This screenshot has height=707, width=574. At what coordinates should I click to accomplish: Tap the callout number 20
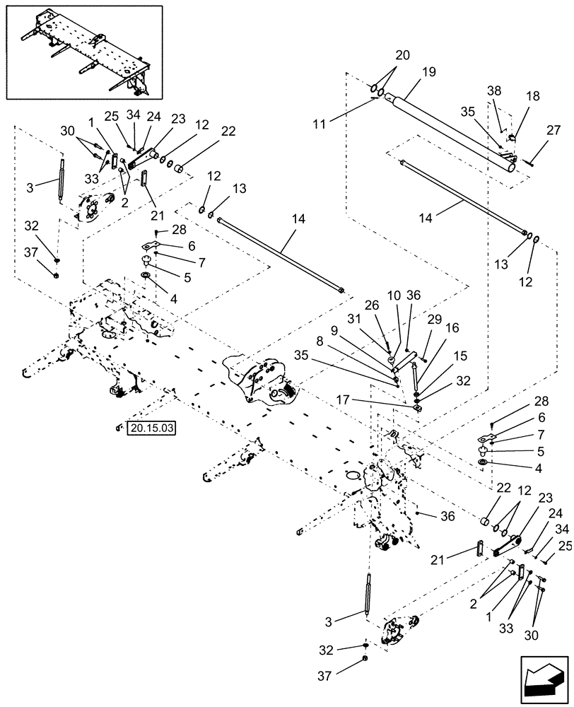tap(402, 54)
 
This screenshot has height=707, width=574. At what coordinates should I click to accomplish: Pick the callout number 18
tap(532, 95)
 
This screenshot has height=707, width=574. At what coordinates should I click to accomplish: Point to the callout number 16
tap(451, 329)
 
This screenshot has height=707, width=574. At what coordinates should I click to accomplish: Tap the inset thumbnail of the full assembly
tap(82, 52)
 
